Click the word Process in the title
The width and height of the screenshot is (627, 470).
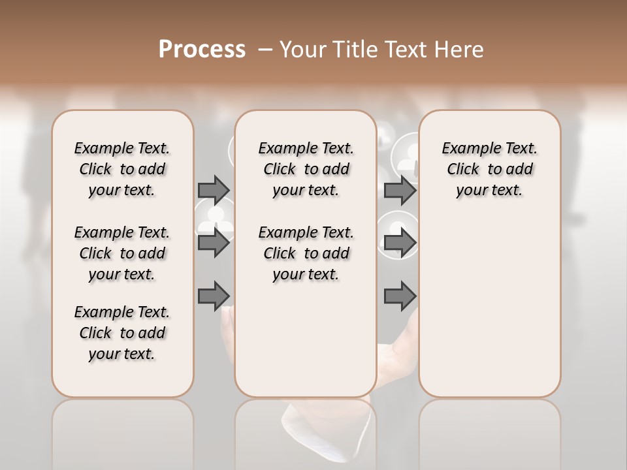click(202, 50)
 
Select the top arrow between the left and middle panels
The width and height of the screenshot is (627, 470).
click(214, 190)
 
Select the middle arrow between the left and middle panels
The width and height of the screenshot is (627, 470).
click(214, 243)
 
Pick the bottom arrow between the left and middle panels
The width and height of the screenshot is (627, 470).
click(214, 296)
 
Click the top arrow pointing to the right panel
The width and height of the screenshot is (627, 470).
click(400, 190)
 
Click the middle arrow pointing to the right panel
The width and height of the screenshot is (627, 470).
click(400, 243)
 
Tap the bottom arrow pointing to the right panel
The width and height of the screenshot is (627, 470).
click(400, 296)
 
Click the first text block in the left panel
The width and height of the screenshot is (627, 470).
click(122, 169)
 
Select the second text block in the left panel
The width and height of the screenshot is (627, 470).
click(122, 253)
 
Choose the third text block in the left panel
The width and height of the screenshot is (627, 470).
click(122, 333)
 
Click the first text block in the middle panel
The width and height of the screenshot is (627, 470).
click(306, 169)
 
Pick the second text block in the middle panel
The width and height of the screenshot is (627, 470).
click(306, 253)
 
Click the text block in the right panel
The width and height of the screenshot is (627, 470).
click(489, 169)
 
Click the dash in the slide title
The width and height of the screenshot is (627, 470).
click(265, 50)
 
